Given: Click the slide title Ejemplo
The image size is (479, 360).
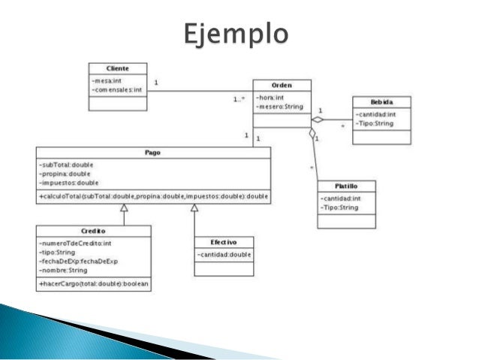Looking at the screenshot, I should pos(236,35).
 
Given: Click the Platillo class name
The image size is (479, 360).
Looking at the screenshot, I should pos(345,186).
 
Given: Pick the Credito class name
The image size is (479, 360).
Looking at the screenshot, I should pos(93,231).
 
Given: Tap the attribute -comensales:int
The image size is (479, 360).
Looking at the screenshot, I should pos(116,89).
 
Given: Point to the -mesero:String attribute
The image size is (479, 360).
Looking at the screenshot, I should pos(279,107).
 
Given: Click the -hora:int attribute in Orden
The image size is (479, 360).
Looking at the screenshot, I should pos(270,97).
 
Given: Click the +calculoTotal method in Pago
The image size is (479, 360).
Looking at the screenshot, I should pos(153,196).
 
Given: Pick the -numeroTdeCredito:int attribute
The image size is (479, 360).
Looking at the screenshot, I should pos(75,244).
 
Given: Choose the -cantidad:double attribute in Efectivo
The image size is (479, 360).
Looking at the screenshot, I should pos(224,255).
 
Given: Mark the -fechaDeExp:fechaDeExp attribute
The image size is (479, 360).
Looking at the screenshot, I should pos(79,261).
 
